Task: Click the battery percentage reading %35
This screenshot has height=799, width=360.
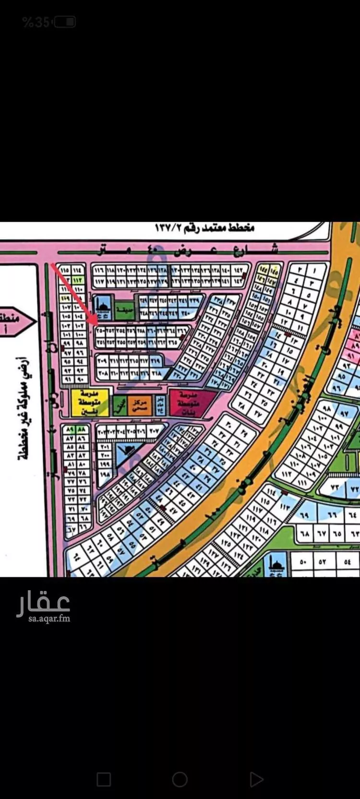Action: [x=36, y=22]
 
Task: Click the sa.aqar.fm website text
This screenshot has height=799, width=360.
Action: [x=49, y=619]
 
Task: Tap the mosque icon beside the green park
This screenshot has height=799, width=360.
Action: [x=103, y=306]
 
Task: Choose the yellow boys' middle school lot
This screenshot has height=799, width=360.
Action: [x=89, y=403]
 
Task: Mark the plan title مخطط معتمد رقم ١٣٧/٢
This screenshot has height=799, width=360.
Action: [x=204, y=227]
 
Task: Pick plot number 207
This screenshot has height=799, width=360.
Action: [x=153, y=431]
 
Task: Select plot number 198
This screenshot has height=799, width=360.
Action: [x=105, y=474]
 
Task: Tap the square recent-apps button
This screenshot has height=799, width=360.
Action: [x=104, y=779]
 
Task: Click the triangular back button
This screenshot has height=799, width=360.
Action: [x=256, y=779]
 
